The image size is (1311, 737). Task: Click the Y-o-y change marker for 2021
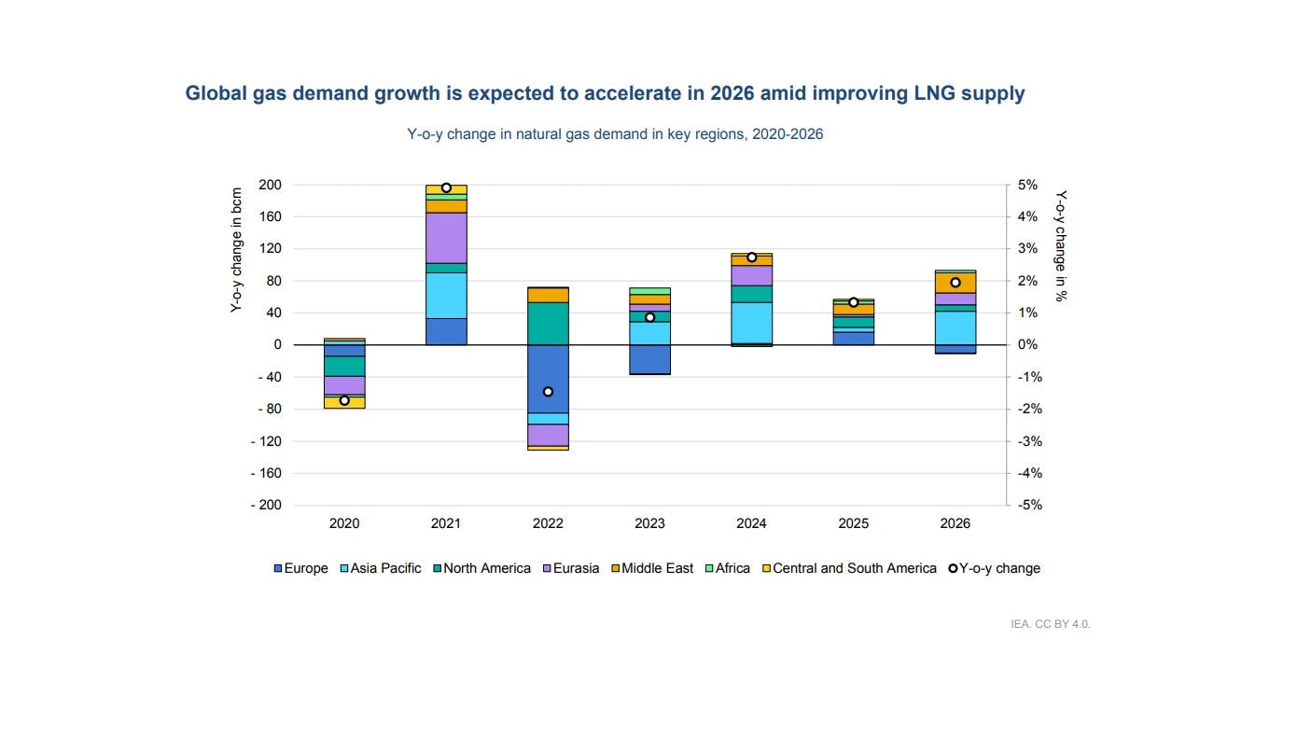pyautogui.click(x=446, y=188)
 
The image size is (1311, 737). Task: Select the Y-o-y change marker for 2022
pyautogui.click(x=548, y=392)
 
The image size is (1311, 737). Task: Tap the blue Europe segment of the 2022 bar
pyautogui.click(x=548, y=379)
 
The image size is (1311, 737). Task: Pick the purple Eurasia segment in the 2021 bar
pyautogui.click(x=446, y=238)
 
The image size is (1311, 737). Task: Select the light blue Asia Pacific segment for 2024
pyautogui.click(x=751, y=323)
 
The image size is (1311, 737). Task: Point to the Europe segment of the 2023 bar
pyautogui.click(x=649, y=359)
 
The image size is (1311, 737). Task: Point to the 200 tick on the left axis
pyautogui.click(x=271, y=185)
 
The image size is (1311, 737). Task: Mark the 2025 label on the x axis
pyautogui.click(x=853, y=523)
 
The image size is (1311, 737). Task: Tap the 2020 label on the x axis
pyautogui.click(x=344, y=523)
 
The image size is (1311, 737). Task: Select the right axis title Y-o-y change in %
pyautogui.click(x=1061, y=247)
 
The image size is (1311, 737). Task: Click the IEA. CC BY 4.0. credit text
pyautogui.click(x=1050, y=624)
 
